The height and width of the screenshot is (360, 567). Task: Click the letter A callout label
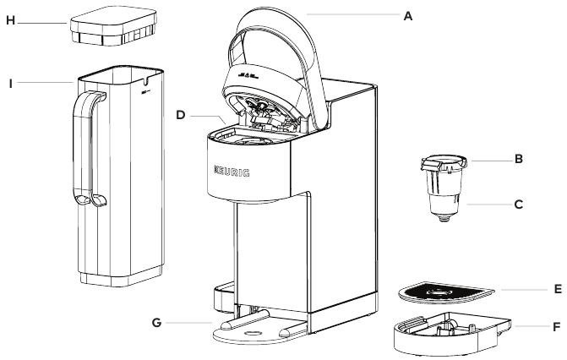pyautogui.click(x=408, y=16)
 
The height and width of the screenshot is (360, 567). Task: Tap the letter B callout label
pyautogui.click(x=519, y=159)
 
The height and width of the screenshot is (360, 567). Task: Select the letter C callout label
pyautogui.click(x=519, y=205)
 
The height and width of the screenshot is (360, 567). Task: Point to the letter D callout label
pyautogui.click(x=181, y=115)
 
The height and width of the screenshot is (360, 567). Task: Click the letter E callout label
pyautogui.click(x=558, y=289)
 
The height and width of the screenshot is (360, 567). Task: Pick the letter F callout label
pyautogui.click(x=557, y=327)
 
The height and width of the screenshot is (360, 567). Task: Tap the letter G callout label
pyautogui.click(x=156, y=322)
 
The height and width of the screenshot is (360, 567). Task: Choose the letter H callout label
pyautogui.click(x=11, y=20)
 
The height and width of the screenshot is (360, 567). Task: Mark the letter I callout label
pyautogui.click(x=11, y=84)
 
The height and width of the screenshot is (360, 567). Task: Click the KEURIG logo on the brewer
pyautogui.click(x=232, y=172)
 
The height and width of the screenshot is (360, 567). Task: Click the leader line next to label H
pyautogui.click(x=42, y=24)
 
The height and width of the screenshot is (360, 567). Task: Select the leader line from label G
pyautogui.click(x=188, y=322)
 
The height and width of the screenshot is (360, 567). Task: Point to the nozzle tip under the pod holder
pyautogui.click(x=445, y=219)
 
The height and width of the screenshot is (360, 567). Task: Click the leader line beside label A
pyautogui.click(x=353, y=14)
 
